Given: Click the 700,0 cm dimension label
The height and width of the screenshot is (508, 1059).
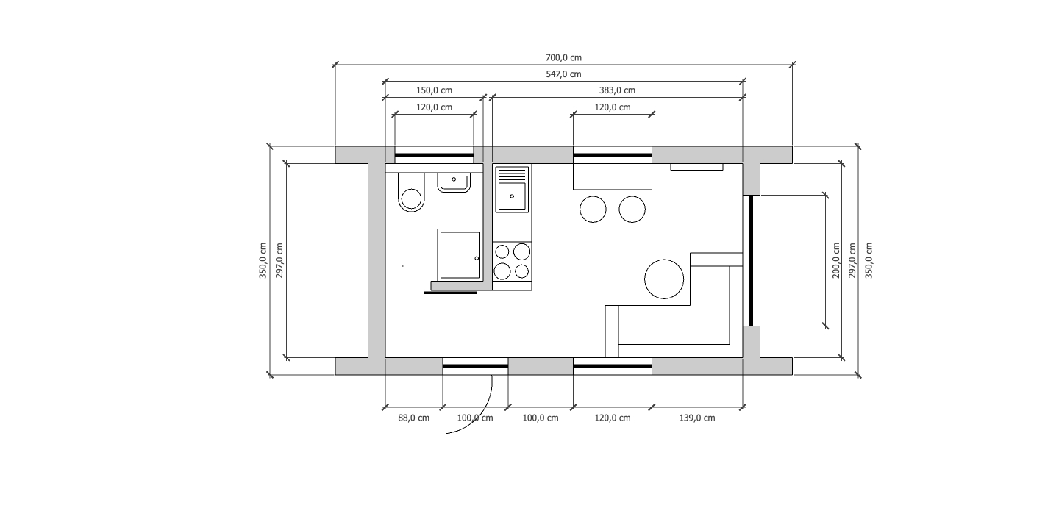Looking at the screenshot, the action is pyautogui.click(x=563, y=57).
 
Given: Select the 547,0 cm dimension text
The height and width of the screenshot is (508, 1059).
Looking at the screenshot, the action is pyautogui.click(x=563, y=74).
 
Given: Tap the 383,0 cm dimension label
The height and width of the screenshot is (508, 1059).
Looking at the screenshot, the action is pyautogui.click(x=617, y=90).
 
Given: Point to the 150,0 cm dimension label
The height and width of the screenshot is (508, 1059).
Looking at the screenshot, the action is pyautogui.click(x=434, y=90).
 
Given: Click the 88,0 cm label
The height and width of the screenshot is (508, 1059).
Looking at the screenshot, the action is pyautogui.click(x=413, y=418).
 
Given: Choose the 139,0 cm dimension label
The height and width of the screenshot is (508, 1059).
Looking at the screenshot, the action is pyautogui.click(x=697, y=418).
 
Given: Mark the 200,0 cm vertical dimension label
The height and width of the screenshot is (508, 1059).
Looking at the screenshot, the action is pyautogui.click(x=836, y=260).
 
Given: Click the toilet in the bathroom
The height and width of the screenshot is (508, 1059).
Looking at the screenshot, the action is pyautogui.click(x=411, y=192).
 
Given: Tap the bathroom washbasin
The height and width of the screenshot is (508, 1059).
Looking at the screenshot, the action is pyautogui.click(x=454, y=182).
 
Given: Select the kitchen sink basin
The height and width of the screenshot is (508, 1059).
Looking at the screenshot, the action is pyautogui.click(x=512, y=196).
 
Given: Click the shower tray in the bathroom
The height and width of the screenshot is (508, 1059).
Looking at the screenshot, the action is pyautogui.click(x=460, y=254).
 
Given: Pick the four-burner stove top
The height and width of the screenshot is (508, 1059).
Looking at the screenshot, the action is pyautogui.click(x=512, y=261).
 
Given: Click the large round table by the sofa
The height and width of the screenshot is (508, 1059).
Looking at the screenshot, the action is pyautogui.click(x=664, y=279).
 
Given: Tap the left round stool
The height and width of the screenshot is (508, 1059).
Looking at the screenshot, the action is pyautogui.click(x=593, y=209).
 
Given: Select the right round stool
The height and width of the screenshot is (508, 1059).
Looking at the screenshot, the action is pyautogui.click(x=632, y=209).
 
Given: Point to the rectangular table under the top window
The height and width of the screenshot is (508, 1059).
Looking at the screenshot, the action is pyautogui.click(x=612, y=176).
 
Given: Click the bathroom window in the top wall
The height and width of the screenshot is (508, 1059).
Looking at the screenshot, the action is pyautogui.click(x=434, y=155).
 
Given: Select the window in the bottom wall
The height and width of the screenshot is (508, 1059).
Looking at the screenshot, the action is pyautogui.click(x=612, y=366).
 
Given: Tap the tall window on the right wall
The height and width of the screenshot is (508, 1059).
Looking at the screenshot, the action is pyautogui.click(x=752, y=260).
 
